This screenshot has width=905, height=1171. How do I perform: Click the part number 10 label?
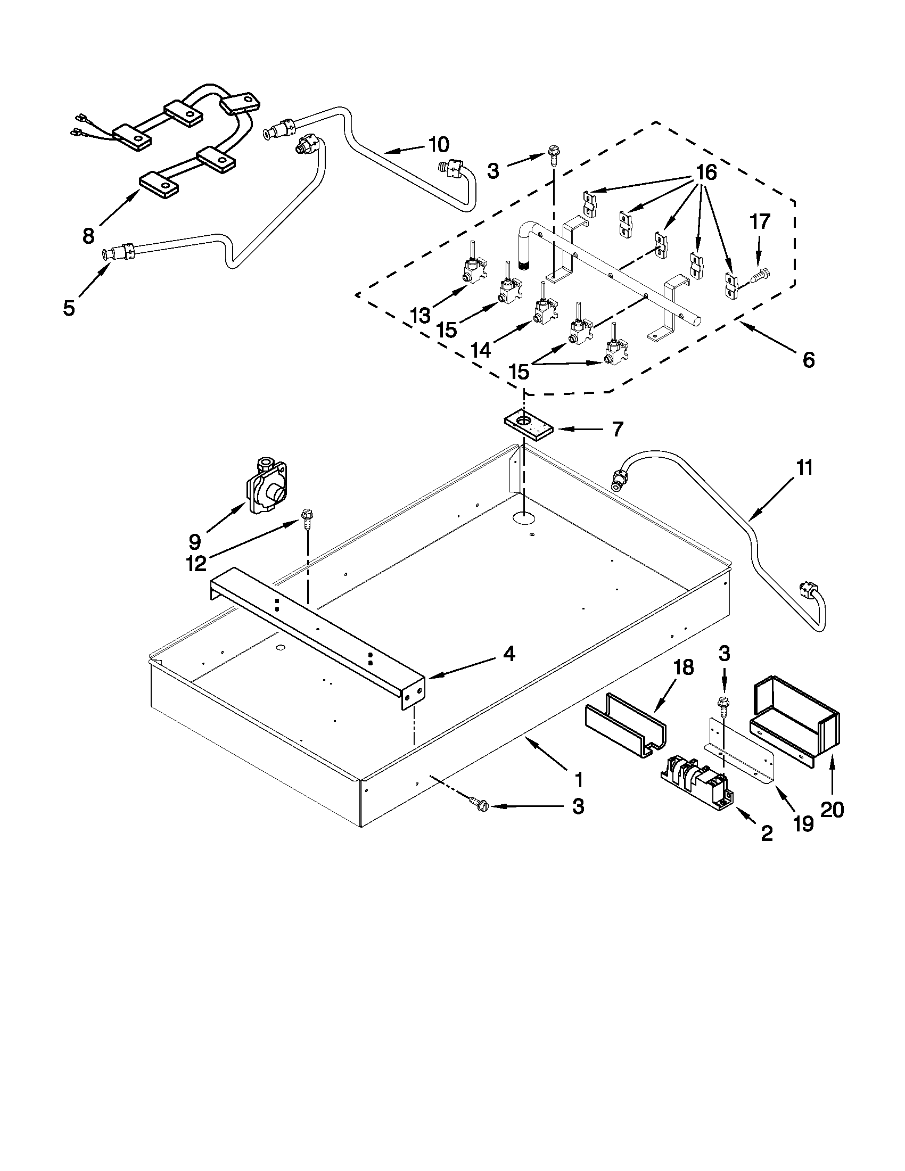[x=438, y=145]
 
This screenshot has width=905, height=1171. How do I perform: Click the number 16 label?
[x=705, y=172]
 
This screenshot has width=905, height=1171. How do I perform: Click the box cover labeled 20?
[x=795, y=718]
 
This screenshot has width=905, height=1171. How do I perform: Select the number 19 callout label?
[x=803, y=823]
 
